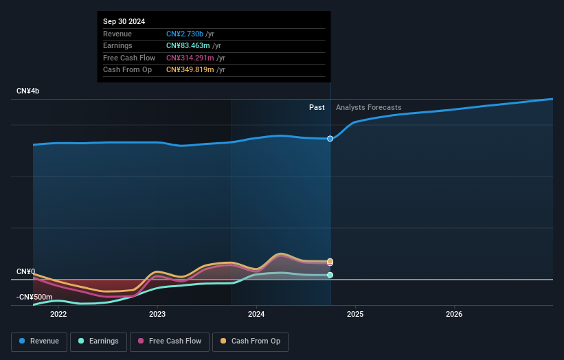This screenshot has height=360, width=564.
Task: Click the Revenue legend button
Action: (38, 341)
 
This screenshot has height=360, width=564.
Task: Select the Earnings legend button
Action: (98, 341)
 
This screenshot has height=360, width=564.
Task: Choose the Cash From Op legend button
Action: (250, 341)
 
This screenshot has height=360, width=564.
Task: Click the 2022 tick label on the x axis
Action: (58, 315)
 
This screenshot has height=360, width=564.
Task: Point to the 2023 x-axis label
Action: (157, 315)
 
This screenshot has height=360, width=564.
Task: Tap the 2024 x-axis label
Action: (256, 315)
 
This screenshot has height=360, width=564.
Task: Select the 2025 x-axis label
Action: (355, 315)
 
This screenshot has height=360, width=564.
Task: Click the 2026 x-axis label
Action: (454, 315)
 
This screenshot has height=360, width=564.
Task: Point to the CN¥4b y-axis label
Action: (28, 91)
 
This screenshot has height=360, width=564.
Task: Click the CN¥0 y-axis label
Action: (25, 272)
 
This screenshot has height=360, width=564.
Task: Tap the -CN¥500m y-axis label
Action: (34, 297)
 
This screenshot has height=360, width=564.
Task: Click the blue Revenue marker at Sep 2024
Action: (330, 139)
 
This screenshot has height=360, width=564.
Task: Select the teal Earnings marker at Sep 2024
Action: (330, 275)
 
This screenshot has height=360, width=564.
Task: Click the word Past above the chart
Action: (317, 107)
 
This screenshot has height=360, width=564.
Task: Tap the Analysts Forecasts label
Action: (368, 107)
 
